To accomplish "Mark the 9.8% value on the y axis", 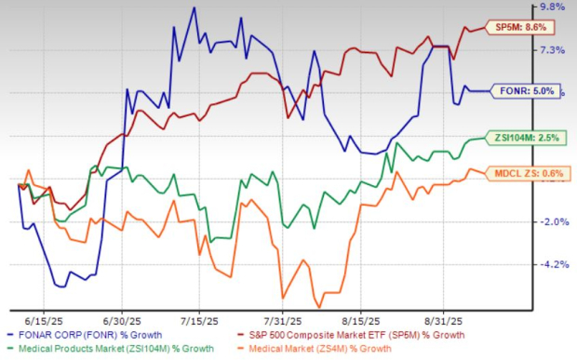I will point(552,7).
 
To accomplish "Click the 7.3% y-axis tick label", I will point(552,50).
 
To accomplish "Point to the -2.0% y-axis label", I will point(552,221).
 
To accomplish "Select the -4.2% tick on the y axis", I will point(552,264).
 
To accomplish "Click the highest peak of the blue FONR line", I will point(194,8).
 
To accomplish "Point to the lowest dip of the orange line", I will point(319,307).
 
